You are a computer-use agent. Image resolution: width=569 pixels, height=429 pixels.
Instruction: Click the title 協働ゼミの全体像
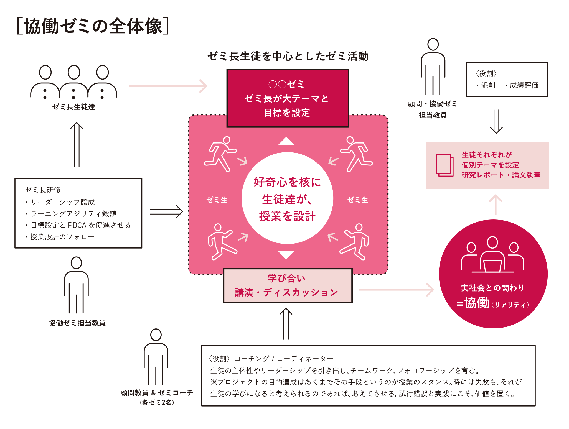click(x=93, y=26)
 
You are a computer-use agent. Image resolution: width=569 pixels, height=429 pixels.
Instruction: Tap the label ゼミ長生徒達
click(x=73, y=107)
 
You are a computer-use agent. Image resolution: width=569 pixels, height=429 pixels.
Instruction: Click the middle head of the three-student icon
click(x=74, y=72)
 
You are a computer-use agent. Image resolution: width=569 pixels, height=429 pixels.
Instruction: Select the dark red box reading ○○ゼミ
click(x=288, y=98)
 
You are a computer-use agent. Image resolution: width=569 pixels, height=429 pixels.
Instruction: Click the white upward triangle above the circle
click(x=286, y=141)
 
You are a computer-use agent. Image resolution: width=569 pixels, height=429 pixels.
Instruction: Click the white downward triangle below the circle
click(x=286, y=254)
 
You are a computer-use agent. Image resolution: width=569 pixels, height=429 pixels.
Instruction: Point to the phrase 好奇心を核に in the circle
click(x=287, y=182)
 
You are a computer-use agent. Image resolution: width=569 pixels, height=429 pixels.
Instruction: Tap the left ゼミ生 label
click(x=217, y=200)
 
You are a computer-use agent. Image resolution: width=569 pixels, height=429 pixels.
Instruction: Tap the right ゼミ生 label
click(x=357, y=200)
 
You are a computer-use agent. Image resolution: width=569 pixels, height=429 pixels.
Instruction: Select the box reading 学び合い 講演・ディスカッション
click(x=288, y=285)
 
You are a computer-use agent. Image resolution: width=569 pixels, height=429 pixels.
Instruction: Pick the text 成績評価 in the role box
click(x=524, y=85)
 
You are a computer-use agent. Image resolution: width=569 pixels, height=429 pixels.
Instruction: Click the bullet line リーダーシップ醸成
click(x=62, y=202)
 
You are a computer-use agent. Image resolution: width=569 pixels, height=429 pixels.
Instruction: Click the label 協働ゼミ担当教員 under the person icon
click(x=77, y=323)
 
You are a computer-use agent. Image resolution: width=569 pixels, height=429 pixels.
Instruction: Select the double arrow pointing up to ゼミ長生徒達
click(x=77, y=145)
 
